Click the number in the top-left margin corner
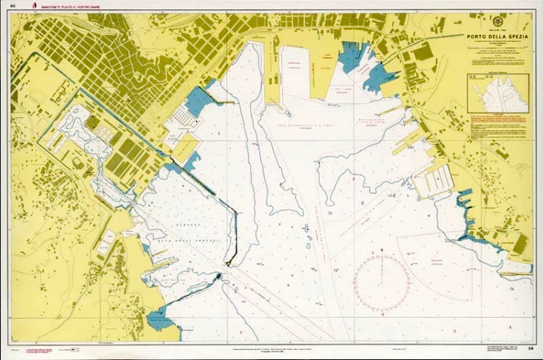coord(12,6)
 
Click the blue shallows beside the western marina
coord(196,102)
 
